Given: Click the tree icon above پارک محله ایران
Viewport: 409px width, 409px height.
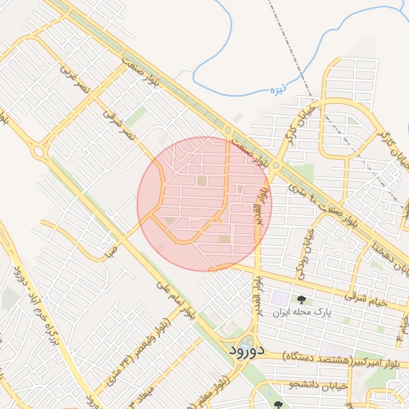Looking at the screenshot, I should click(x=301, y=299).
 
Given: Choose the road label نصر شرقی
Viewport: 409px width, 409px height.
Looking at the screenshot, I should click(x=120, y=125).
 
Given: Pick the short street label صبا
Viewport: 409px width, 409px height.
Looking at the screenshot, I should click(x=110, y=252).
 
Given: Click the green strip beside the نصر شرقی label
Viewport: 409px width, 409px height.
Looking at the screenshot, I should click(x=137, y=117).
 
